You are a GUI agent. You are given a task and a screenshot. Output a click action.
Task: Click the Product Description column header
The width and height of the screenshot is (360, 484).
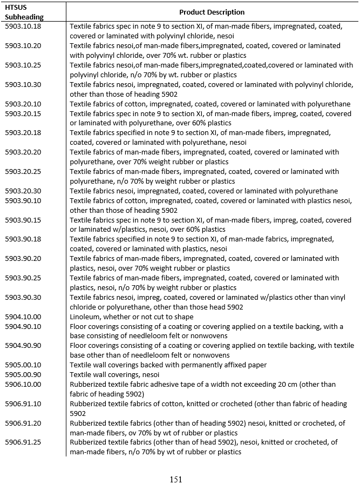(x=212, y=12)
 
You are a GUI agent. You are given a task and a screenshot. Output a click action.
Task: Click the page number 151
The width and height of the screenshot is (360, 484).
(x=176, y=479)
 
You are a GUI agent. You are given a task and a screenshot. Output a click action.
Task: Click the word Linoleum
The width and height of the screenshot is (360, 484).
(x=85, y=317)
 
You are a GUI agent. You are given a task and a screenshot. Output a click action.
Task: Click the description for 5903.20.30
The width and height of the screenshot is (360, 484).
(x=203, y=191)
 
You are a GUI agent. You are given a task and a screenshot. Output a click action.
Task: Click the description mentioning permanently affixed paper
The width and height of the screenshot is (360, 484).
(x=168, y=365)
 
